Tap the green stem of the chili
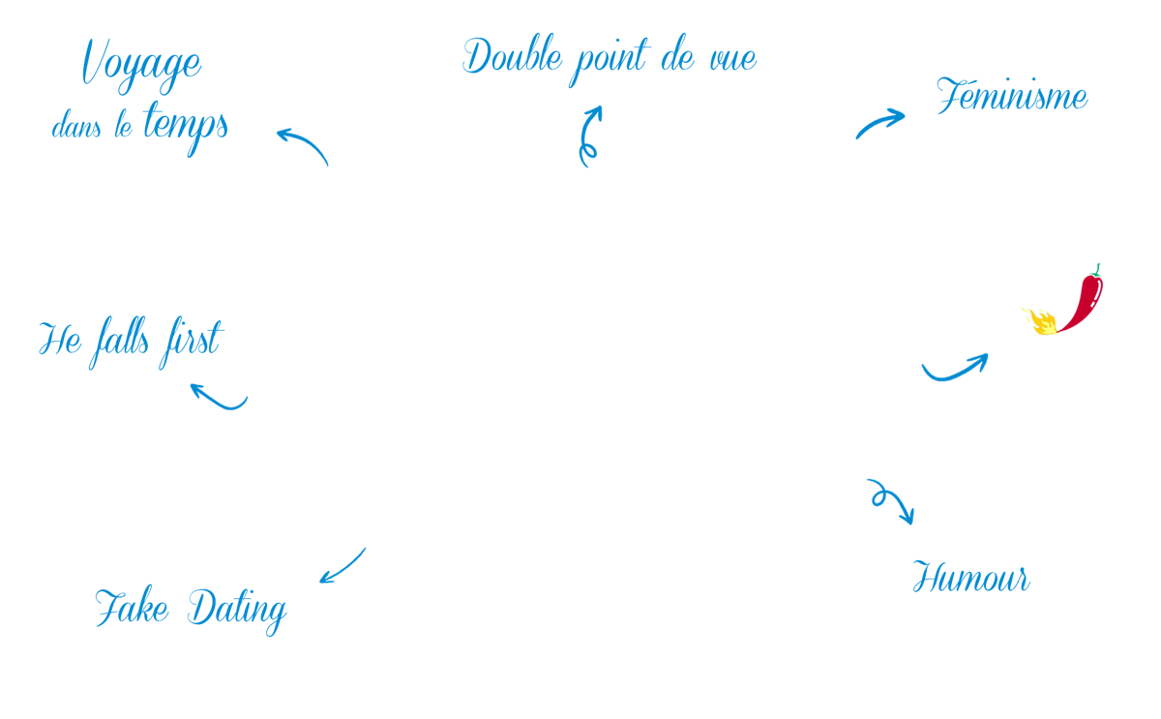pos(1097,270)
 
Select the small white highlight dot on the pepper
pos(1091,306)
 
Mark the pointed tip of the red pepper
pos(1058,332)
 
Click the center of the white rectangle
pos(882,662)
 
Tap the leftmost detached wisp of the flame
pos(1025,311)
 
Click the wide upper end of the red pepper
pos(1092,284)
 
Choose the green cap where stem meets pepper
pos(1095,276)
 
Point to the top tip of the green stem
pos(1099,264)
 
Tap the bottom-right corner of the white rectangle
pos(1160,718)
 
